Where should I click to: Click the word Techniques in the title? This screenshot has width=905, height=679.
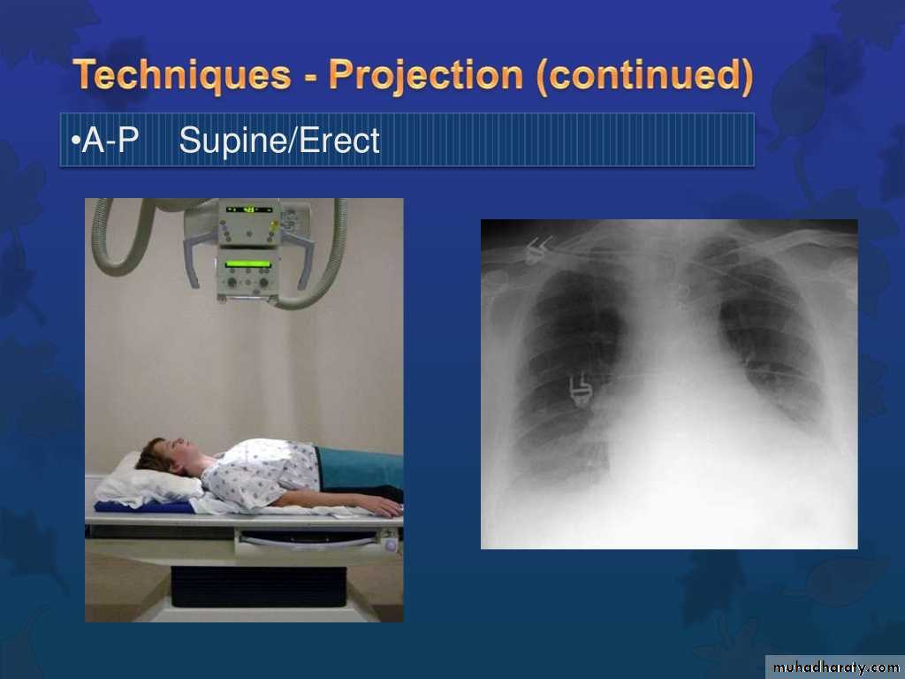click(182, 75)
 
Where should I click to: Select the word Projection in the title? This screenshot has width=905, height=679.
click(426, 75)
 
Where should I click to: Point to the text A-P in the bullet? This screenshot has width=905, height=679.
click(110, 140)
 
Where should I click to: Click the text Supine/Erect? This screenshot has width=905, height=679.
click(279, 141)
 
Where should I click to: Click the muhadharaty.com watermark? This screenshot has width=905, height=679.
click(834, 668)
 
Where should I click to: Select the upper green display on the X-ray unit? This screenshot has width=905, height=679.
click(248, 209)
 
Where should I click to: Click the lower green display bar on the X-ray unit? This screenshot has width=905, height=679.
click(248, 263)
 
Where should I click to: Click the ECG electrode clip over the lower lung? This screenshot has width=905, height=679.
click(580, 390)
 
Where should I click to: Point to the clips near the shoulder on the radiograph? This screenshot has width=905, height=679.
click(537, 250)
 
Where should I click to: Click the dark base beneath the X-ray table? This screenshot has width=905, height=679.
click(259, 587)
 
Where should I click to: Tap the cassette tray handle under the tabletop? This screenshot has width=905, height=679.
click(308, 541)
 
